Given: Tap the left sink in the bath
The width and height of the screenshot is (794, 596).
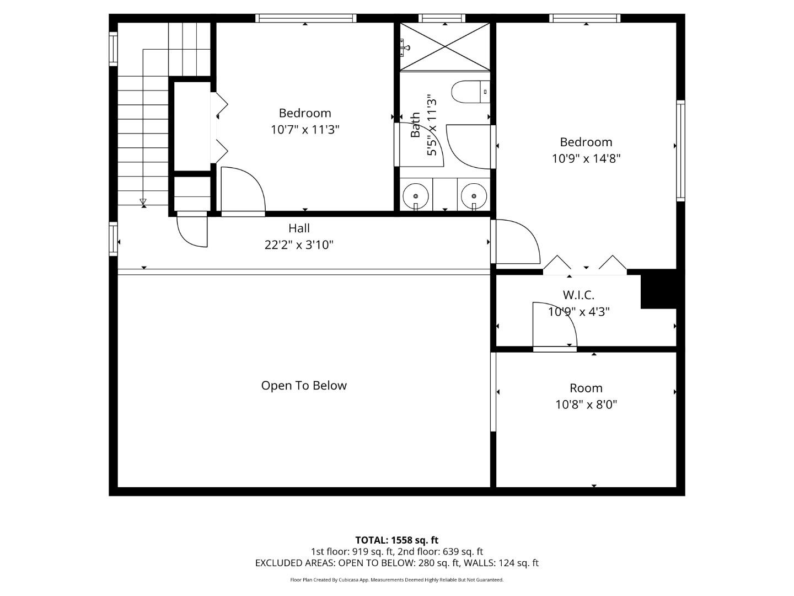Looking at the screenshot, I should click(415, 195).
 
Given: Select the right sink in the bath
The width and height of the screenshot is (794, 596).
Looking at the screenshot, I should click(474, 195).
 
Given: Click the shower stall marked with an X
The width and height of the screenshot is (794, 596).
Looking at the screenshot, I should click(445, 47).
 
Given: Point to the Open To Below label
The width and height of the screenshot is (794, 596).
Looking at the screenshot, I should click(304, 386).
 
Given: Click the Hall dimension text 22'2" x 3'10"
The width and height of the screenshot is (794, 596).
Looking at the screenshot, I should click(299, 245).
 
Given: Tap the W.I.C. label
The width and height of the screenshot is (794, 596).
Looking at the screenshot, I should click(578, 295).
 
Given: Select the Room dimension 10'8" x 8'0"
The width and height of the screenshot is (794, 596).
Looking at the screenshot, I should click(586, 405).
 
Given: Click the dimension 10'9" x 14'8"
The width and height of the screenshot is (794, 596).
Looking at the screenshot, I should click(586, 159).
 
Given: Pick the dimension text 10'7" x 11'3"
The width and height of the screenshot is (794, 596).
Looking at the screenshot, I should click(304, 130).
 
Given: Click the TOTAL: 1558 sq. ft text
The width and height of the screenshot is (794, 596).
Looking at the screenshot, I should click(396, 540).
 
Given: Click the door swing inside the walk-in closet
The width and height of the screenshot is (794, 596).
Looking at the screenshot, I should click(553, 326).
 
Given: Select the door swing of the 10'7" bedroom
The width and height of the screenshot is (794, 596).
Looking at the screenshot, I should click(242, 189).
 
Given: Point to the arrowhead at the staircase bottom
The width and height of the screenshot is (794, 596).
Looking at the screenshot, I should click(143, 202).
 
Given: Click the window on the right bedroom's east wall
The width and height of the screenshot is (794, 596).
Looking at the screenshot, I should click(680, 150).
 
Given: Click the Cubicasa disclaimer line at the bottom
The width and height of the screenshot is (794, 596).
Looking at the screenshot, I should click(396, 580).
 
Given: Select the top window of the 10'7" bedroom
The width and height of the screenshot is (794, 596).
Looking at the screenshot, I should click(305, 18).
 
